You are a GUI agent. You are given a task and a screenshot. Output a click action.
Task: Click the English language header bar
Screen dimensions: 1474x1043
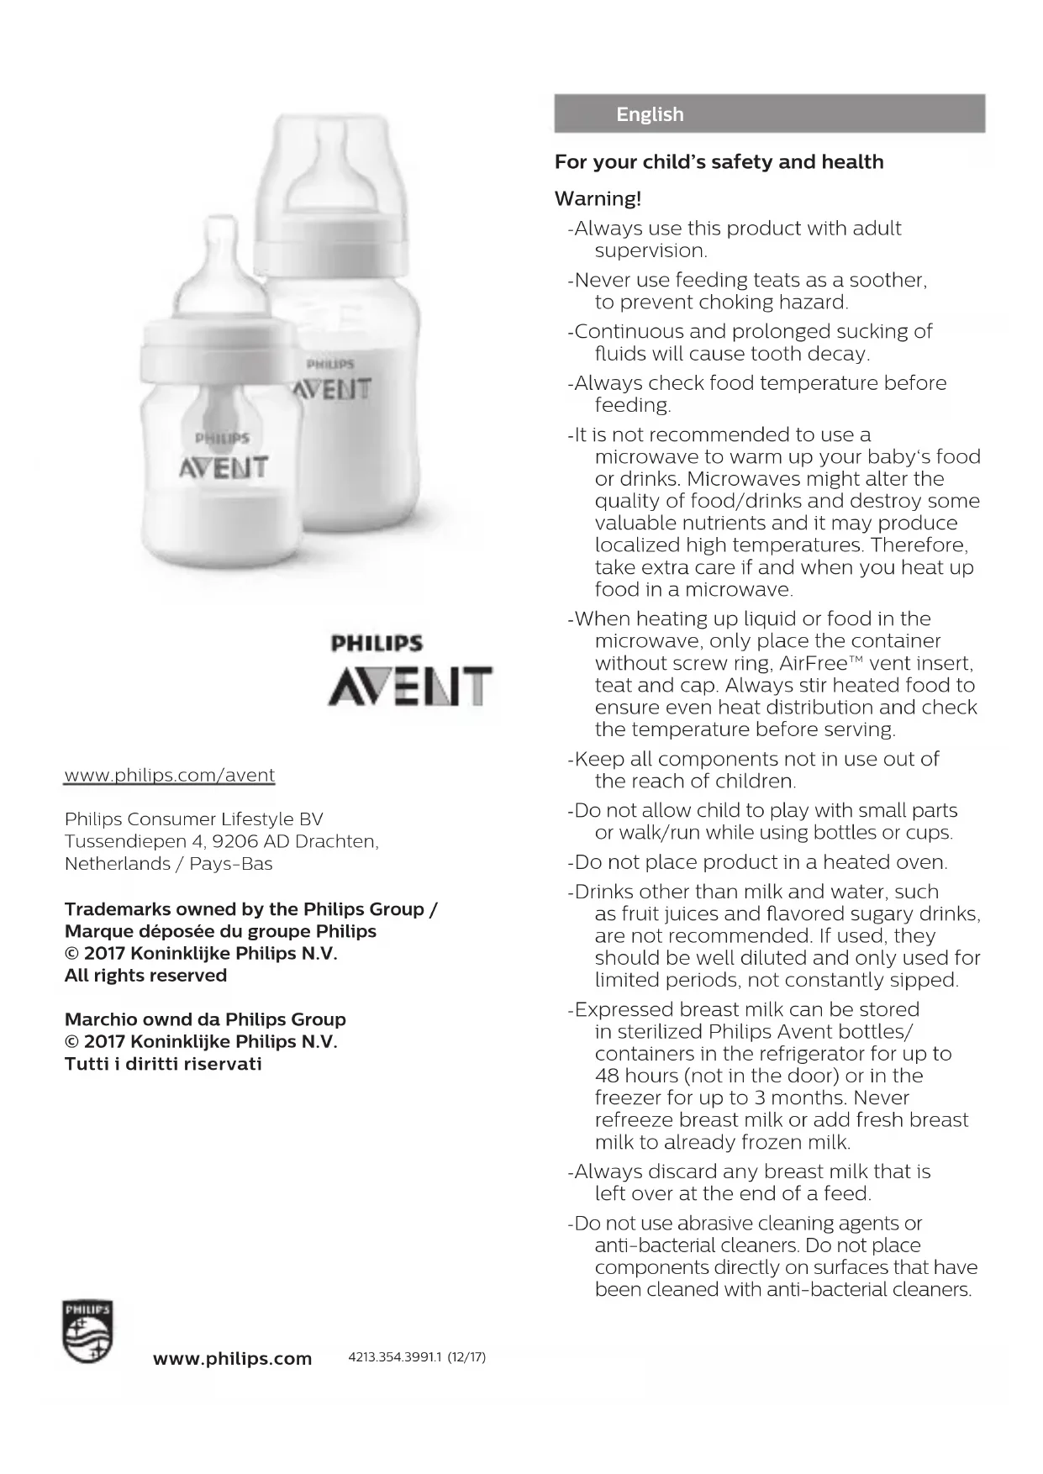pos(768,113)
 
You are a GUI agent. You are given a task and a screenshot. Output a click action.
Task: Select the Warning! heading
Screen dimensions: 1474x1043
pos(598,199)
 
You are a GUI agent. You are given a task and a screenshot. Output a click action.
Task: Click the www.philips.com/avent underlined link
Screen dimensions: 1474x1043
pos(170,775)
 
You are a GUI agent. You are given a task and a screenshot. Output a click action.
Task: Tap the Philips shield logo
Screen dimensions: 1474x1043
pos(87,1332)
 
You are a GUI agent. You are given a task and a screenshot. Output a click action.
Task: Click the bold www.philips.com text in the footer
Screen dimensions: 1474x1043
pos(232,1359)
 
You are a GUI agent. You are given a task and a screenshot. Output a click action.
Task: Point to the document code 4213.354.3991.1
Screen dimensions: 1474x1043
pos(395,1357)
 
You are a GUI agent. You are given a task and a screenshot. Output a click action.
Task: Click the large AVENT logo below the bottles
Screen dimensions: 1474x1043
pos(409,687)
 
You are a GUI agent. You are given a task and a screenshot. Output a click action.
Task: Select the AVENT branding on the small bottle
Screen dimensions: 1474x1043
pos(224,468)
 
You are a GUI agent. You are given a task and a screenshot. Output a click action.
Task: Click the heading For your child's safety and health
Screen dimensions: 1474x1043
pos(719,162)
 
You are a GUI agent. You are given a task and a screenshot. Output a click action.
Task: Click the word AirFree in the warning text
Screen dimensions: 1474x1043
pos(814,663)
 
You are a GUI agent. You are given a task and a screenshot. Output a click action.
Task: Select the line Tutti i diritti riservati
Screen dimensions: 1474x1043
pos(163,1064)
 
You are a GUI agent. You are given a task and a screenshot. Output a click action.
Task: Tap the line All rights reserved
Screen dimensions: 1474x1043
pos(145,976)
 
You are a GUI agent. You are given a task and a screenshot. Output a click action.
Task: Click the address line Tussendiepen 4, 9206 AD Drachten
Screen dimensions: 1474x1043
pos(221,841)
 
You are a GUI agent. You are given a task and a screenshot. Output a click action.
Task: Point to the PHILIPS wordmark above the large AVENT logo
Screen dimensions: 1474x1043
pos(377,645)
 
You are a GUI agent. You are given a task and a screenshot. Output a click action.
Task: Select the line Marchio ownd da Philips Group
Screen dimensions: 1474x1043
pos(205,1019)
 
